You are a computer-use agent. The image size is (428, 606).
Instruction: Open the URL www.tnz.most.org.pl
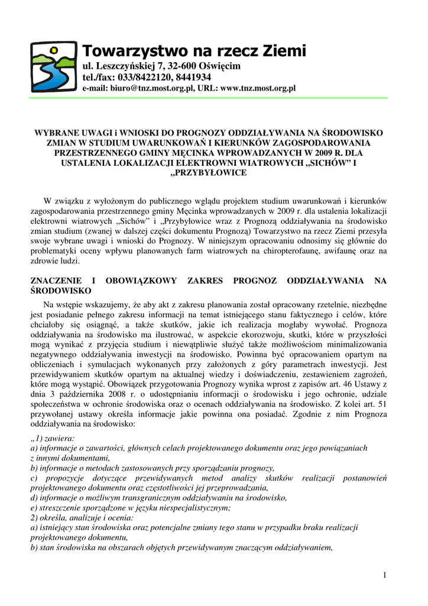(x=258, y=88)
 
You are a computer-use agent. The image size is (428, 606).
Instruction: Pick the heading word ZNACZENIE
(x=56, y=281)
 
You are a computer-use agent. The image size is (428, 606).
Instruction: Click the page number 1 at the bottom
(x=384, y=576)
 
